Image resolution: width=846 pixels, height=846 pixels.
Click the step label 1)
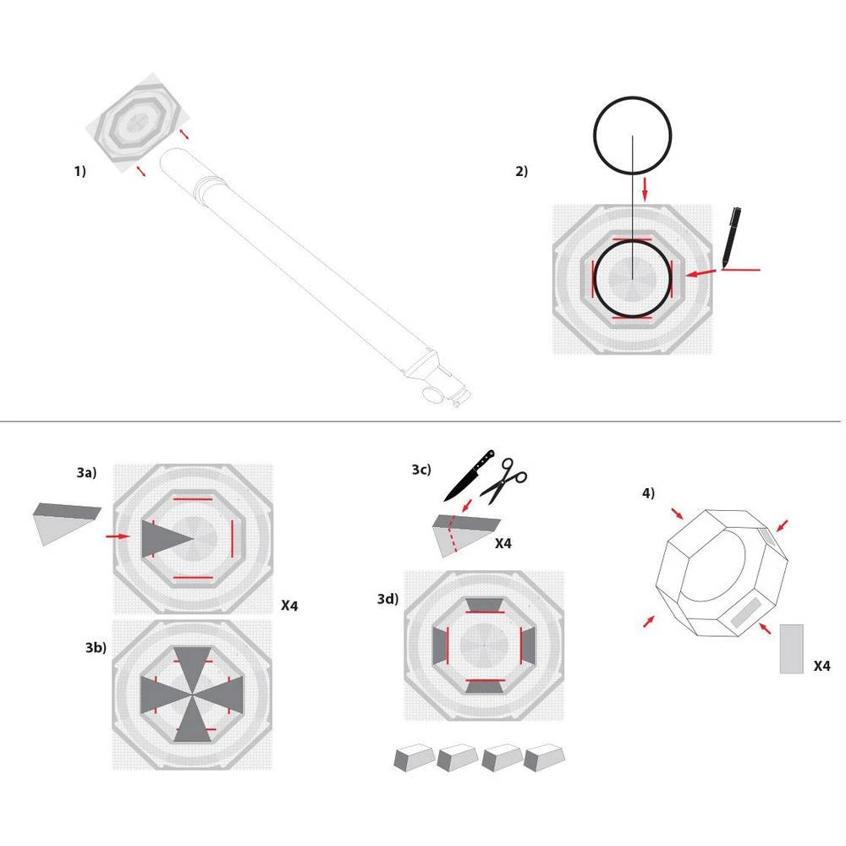(80, 171)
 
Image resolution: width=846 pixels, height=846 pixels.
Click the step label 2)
(521, 171)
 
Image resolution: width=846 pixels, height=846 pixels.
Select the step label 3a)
(87, 474)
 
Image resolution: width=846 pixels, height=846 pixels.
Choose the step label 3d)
(388, 600)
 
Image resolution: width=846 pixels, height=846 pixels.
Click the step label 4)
(648, 493)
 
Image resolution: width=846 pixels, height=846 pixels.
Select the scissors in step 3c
(508, 477)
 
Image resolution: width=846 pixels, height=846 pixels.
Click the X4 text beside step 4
(821, 667)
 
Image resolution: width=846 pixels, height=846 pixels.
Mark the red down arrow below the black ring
(645, 188)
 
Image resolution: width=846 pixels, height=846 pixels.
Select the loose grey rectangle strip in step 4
(791, 649)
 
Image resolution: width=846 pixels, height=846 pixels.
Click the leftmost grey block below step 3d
(414, 757)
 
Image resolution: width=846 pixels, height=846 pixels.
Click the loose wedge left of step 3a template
(66, 520)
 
